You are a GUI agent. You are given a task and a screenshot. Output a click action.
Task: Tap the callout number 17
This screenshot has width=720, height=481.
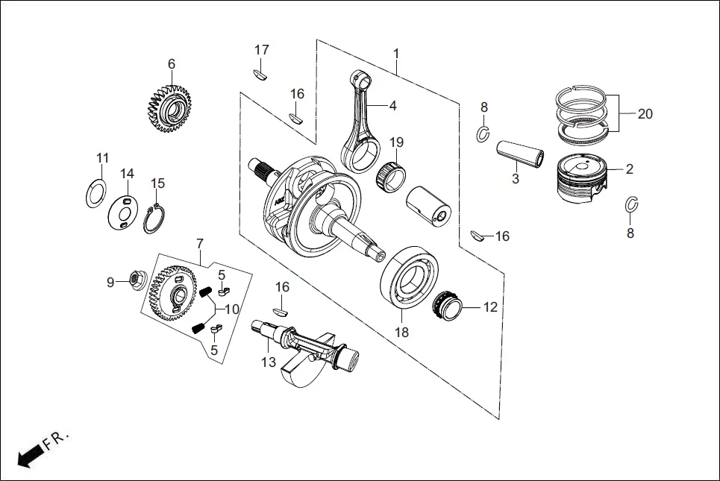click(x=261, y=50)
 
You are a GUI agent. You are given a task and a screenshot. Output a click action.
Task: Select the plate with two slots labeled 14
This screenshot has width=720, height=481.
click(x=125, y=211)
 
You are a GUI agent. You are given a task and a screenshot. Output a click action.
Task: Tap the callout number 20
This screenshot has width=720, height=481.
click(x=645, y=114)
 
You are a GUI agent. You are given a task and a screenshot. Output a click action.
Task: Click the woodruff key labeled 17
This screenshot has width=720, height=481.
click(x=260, y=73)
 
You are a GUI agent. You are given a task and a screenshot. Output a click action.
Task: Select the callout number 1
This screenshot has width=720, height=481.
click(x=396, y=54)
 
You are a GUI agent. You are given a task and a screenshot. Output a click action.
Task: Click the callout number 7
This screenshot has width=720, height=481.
click(x=199, y=244)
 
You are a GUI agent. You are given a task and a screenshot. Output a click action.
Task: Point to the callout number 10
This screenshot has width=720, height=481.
click(x=232, y=309)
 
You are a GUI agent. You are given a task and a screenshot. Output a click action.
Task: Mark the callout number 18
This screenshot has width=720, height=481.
click(x=401, y=333)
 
